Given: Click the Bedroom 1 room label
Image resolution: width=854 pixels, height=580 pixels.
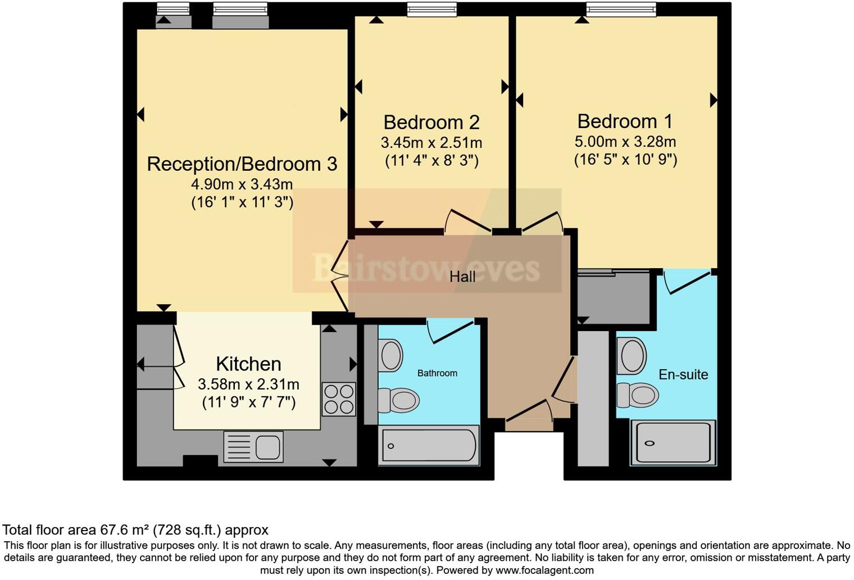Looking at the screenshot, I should point(625,121).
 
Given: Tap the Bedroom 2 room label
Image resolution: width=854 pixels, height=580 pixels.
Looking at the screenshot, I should point(431,123).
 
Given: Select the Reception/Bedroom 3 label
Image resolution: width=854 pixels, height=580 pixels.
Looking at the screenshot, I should point(242,164).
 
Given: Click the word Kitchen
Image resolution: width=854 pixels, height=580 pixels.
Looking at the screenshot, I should point(248,364).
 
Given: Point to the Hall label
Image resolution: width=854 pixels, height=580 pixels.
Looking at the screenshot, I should point(462,277).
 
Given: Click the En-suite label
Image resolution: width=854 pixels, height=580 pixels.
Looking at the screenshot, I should point(683,375).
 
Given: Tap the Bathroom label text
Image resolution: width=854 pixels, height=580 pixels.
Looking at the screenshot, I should point(437,373).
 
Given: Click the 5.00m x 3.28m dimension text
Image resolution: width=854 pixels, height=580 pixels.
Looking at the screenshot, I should point(625,142).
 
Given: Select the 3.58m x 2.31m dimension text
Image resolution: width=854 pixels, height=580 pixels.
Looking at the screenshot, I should point(248,384).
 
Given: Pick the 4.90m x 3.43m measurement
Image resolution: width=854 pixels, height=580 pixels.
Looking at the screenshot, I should point(242,184).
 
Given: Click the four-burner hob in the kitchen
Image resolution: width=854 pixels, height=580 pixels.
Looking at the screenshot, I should point(339,399).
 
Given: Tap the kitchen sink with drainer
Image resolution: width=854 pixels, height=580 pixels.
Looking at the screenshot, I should point(253,447).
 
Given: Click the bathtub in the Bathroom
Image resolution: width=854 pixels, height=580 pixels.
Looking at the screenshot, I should point(430,446).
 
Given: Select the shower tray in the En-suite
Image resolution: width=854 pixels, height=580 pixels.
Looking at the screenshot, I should point(673,443).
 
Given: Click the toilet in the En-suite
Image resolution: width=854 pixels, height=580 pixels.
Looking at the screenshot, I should point(638,395).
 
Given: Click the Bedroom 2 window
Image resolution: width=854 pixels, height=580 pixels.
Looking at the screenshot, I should point(432,10).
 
